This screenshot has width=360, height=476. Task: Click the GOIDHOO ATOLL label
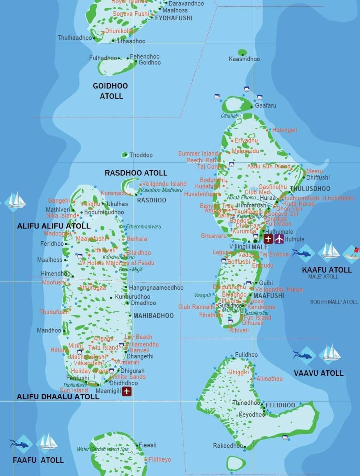(110, 91)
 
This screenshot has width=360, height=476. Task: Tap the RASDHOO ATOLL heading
(136, 173)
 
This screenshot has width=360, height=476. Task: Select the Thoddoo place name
(141, 155)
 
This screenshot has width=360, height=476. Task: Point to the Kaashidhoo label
(244, 59)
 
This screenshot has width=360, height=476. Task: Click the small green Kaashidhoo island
(242, 52)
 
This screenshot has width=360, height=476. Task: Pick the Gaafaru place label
(265, 106)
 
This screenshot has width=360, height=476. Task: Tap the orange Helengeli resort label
(284, 130)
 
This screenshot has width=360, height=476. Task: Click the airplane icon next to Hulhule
(279, 239)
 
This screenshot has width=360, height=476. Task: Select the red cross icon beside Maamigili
(126, 391)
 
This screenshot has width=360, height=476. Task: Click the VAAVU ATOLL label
(319, 373)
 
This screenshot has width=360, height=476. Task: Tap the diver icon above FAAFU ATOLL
(20, 444)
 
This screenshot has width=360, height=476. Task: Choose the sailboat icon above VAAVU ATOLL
(330, 354)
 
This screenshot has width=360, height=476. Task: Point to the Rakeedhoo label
(228, 446)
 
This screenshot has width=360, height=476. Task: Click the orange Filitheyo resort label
(160, 460)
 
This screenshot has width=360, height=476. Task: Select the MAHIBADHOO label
(153, 316)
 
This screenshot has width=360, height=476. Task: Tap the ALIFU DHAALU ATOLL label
(58, 396)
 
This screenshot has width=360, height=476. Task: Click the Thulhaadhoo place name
(74, 38)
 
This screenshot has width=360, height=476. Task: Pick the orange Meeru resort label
(314, 171)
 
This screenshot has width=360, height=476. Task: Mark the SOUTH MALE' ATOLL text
(333, 302)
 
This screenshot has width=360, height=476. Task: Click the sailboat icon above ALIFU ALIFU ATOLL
(16, 200)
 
